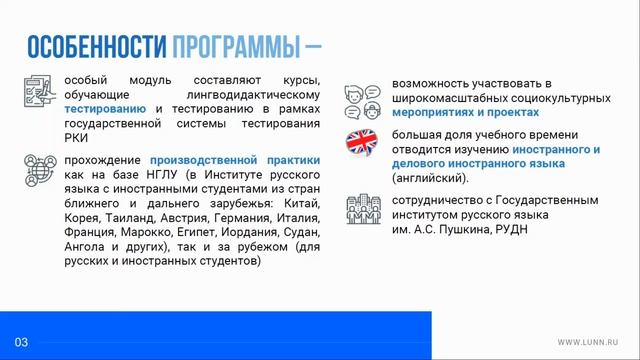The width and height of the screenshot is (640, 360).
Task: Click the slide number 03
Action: click(x=20, y=342)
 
